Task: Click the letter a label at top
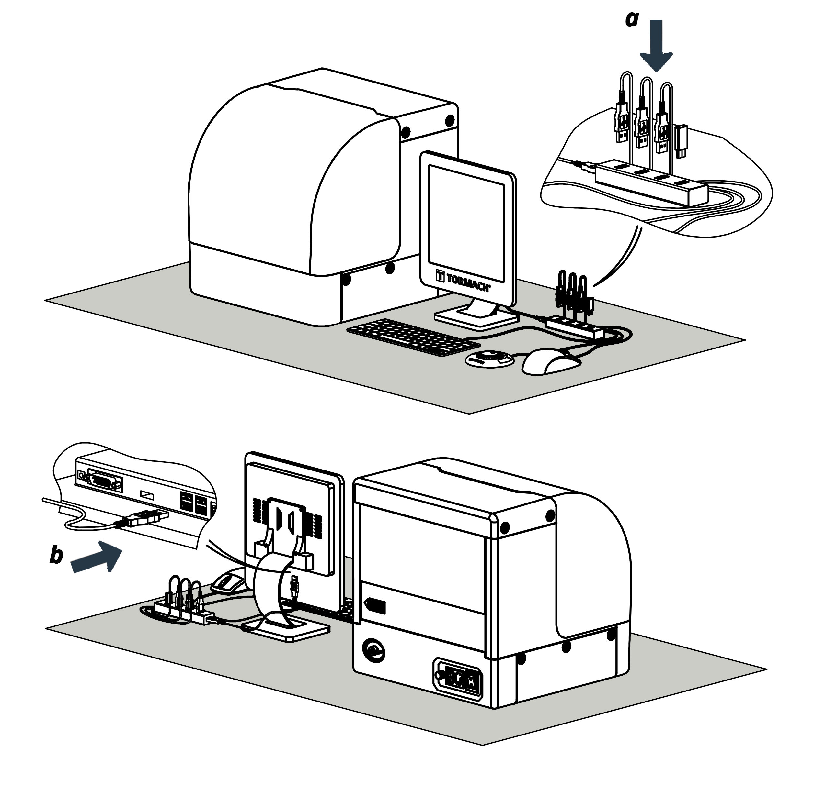(x=632, y=19)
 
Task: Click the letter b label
(x=56, y=555)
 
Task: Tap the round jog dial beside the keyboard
(x=489, y=358)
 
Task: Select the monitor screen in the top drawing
(x=466, y=223)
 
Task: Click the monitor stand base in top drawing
(x=476, y=317)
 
